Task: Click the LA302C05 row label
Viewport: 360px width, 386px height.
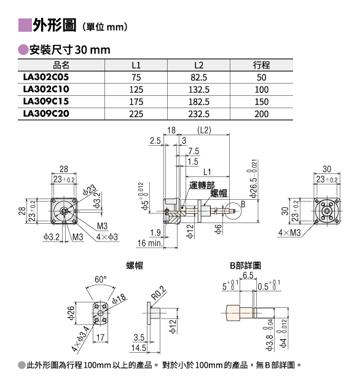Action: click(46, 77)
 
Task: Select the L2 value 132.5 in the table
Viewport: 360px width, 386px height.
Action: click(199, 90)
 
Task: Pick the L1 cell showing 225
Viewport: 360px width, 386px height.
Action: click(136, 114)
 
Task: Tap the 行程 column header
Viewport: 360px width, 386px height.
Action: click(261, 65)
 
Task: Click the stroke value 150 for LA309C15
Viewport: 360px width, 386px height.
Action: click(261, 101)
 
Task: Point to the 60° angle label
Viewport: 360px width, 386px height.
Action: click(101, 280)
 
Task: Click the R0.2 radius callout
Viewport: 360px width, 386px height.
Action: click(158, 293)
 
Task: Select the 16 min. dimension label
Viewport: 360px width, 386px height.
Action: click(150, 243)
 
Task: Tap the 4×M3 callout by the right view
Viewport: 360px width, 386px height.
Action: click(289, 232)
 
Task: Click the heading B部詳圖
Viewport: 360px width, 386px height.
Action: click(245, 266)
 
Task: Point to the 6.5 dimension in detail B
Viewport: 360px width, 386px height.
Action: click(248, 275)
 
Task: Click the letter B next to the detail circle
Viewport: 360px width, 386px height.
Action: click(243, 204)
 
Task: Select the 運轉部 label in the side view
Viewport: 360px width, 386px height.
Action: click(202, 185)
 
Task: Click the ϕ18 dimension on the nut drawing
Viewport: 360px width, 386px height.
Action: click(119, 299)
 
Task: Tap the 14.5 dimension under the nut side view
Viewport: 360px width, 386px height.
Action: click(139, 348)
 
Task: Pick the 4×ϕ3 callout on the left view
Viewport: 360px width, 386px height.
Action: click(107, 237)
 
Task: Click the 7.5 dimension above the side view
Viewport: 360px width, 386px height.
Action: click(194, 151)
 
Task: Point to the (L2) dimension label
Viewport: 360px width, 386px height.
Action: click(204, 130)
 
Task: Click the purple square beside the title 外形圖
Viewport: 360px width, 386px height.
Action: click(25, 25)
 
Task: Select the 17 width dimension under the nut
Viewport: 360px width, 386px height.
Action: click(100, 337)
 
